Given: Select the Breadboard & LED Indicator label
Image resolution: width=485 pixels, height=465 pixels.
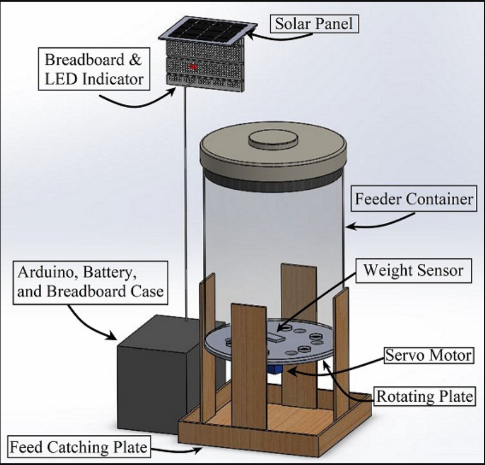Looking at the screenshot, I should click(94, 68).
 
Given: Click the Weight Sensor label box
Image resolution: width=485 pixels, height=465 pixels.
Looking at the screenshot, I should click(414, 270).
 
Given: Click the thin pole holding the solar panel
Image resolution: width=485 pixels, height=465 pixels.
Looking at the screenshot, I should click(186, 199).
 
